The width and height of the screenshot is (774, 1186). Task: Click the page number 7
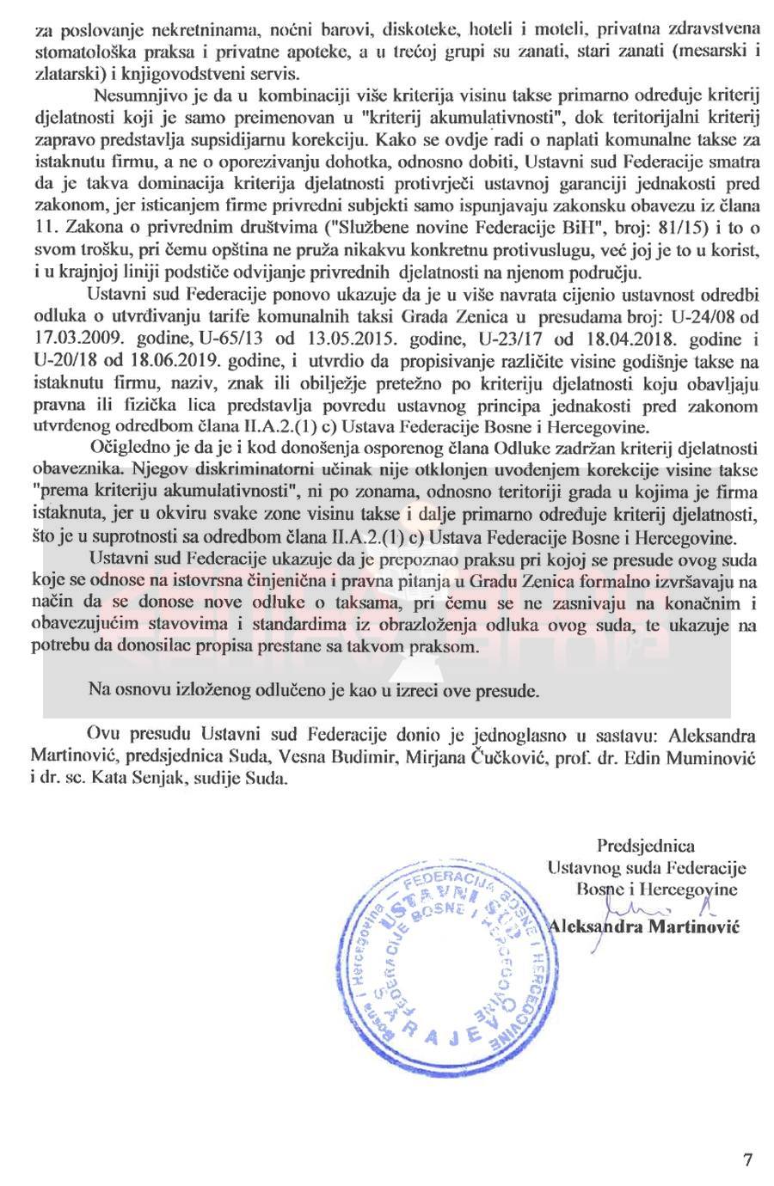coord(747,1159)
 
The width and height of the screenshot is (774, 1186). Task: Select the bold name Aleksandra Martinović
coord(643,926)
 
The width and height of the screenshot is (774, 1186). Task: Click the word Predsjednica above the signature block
coord(646,846)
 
